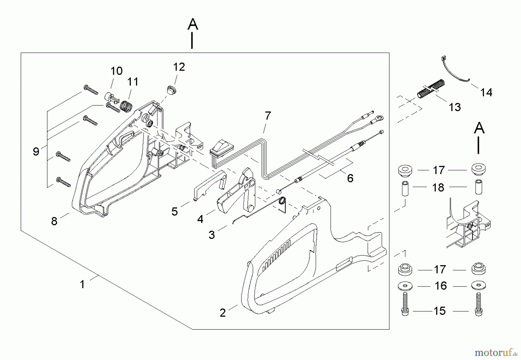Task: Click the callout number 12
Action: (179, 67)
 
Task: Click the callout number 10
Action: (116, 71)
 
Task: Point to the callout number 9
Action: (36, 151)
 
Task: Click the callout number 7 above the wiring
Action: (268, 116)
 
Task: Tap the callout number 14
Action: (486, 93)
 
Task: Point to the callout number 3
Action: (212, 235)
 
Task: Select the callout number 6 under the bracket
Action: (350, 178)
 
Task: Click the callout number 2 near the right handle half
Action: (222, 313)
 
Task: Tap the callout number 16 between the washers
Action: (441, 286)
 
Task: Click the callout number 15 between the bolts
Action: (439, 311)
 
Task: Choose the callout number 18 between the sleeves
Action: (438, 188)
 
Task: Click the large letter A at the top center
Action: (193, 25)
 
